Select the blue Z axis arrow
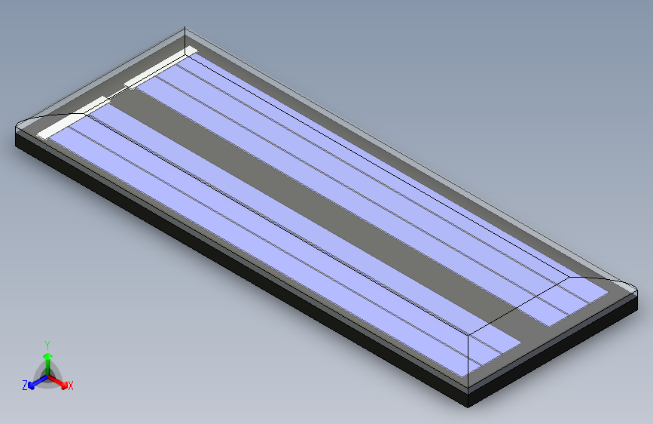pyautogui.click(x=34, y=383)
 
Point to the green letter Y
pyautogui.click(x=47, y=344)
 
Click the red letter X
pyautogui.click(x=71, y=386)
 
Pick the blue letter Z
pyautogui.click(x=25, y=386)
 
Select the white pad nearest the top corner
pyautogui.click(x=160, y=67)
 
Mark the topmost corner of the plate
pyautogui.click(x=185, y=31)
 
